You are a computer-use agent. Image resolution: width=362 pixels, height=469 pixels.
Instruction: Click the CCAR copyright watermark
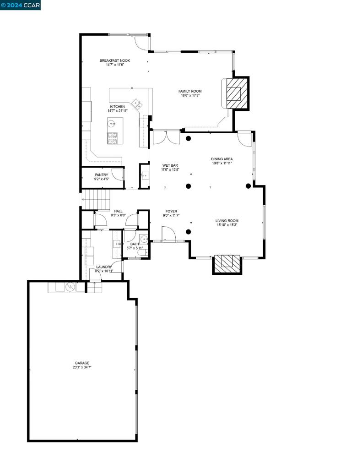tap(21, 5)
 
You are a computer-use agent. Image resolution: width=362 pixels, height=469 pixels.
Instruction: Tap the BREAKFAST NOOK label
tap(115, 60)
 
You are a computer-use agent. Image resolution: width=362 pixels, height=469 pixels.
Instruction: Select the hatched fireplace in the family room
tap(237, 93)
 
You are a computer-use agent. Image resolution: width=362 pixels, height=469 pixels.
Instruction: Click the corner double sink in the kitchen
tap(137, 103)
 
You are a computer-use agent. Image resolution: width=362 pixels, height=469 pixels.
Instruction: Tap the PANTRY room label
tap(101, 175)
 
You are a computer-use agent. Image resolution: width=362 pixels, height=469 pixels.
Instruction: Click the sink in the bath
tap(144, 239)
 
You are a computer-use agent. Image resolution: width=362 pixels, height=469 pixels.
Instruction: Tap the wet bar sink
tap(145, 175)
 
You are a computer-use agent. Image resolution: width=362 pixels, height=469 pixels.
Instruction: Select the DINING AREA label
tap(222, 159)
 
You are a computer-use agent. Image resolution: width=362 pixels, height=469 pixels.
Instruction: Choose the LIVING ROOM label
tap(227, 221)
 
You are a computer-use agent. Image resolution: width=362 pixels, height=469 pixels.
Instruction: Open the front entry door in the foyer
tap(169, 234)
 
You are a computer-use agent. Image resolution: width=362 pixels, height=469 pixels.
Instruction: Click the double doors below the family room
tap(166, 138)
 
